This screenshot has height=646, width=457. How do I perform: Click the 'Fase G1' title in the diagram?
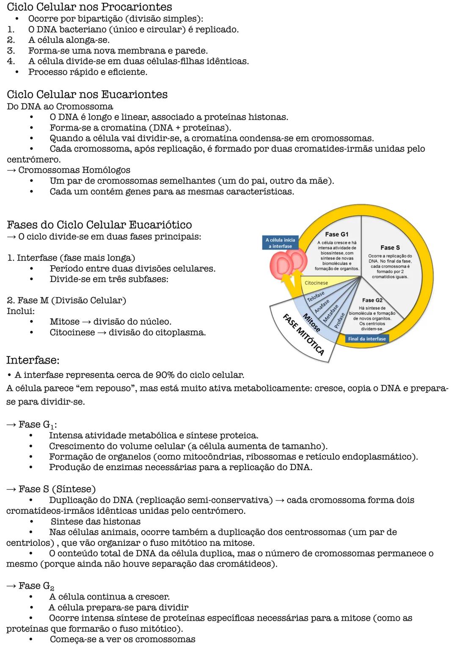click(336, 234)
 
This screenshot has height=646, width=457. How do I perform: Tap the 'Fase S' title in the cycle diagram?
click(389, 248)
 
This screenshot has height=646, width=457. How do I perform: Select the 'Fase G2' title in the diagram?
click(372, 300)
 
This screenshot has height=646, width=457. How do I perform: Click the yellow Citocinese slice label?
click(316, 283)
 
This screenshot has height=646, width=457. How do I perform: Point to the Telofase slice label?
click(316, 296)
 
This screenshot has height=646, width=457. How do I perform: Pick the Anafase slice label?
click(322, 306)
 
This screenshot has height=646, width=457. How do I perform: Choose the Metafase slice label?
click(331, 313)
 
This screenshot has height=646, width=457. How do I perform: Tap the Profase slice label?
click(339, 320)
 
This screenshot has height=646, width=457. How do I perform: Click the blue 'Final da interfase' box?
click(367, 339)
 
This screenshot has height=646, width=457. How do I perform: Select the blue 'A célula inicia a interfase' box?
click(280, 243)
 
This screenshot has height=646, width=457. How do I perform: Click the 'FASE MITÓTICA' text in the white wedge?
click(303, 334)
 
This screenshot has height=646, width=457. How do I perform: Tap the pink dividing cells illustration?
click(288, 264)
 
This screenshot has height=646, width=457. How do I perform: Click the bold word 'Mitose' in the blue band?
click(311, 323)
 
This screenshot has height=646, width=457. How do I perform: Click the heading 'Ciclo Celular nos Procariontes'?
click(89, 7)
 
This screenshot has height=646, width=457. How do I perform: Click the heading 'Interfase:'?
click(33, 360)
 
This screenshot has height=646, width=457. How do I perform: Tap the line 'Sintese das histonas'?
click(95, 521)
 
